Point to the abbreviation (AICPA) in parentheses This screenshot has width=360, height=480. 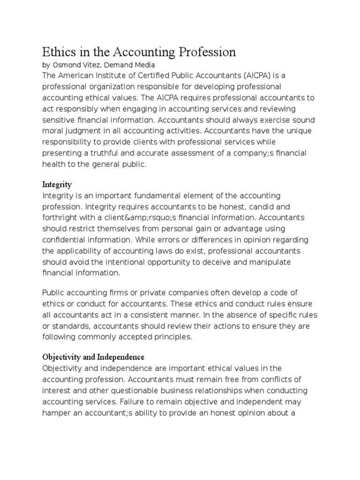(x=257, y=76)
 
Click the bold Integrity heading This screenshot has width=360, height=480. (x=57, y=185)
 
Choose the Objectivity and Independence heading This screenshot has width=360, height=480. (x=93, y=357)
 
